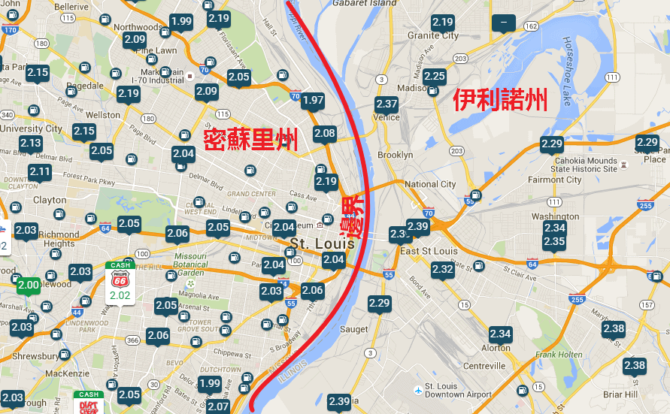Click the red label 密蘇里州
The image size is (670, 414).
point(251,139)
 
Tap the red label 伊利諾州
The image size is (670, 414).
point(500,99)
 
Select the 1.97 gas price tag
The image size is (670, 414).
point(313,101)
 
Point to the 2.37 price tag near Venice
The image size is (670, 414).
point(387,104)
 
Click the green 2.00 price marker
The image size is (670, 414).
point(29,285)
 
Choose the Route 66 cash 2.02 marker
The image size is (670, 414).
point(120,286)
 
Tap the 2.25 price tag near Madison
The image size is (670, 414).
point(435,77)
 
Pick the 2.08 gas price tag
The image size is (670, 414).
point(325,134)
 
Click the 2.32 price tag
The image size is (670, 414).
point(442,269)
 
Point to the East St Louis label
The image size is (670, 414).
point(429,251)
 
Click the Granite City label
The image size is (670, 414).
point(433,35)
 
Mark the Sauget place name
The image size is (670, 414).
point(354,329)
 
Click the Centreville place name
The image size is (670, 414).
point(484,366)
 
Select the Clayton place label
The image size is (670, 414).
point(50,200)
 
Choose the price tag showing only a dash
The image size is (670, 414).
point(502,23)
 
